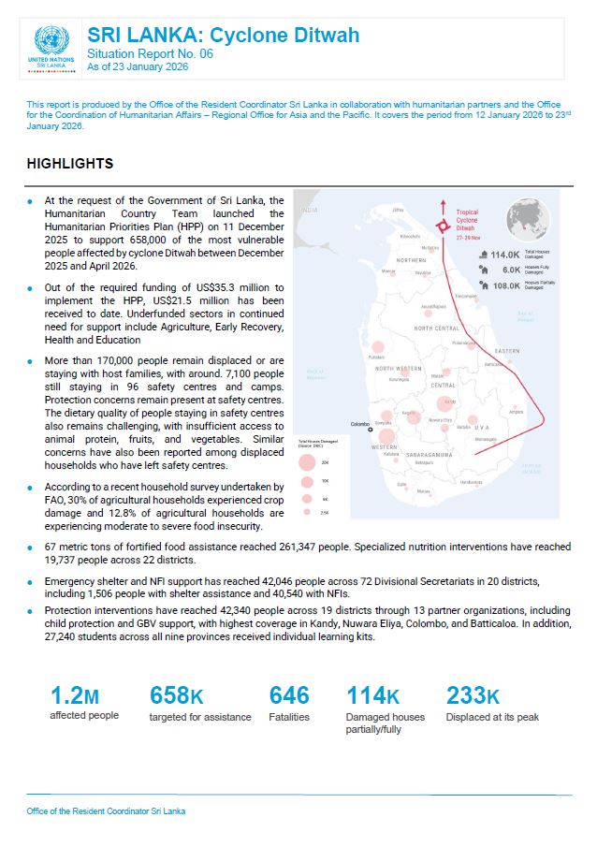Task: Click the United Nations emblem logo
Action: (x=51, y=41)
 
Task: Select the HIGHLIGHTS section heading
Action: (x=70, y=164)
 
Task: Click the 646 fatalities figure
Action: (x=289, y=695)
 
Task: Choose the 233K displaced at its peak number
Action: (x=473, y=695)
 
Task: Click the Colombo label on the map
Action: (x=360, y=424)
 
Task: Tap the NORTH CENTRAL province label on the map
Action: (x=436, y=329)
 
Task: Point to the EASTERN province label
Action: (x=506, y=351)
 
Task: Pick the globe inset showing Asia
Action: (x=528, y=221)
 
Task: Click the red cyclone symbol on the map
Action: (x=443, y=226)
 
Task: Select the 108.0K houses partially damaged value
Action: (x=505, y=285)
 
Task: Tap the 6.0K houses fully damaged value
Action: (x=509, y=269)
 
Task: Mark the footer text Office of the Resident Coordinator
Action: (x=106, y=810)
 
